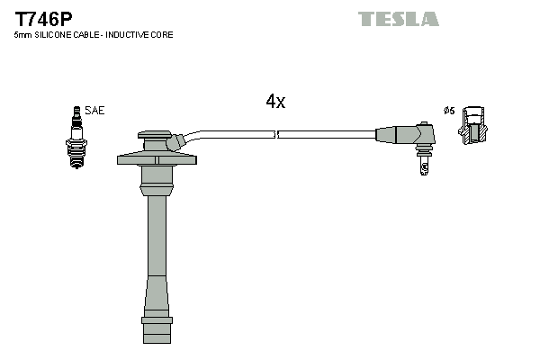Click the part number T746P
[x=43, y=17]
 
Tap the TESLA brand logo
[x=398, y=19]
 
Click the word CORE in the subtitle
[x=163, y=34]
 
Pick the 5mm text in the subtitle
[x=23, y=34]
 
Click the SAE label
[x=96, y=111]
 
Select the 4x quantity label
[x=275, y=102]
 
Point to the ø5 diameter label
[x=449, y=111]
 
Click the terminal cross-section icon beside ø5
[x=473, y=125]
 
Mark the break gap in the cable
[x=276, y=134]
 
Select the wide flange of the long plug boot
[x=157, y=160]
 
